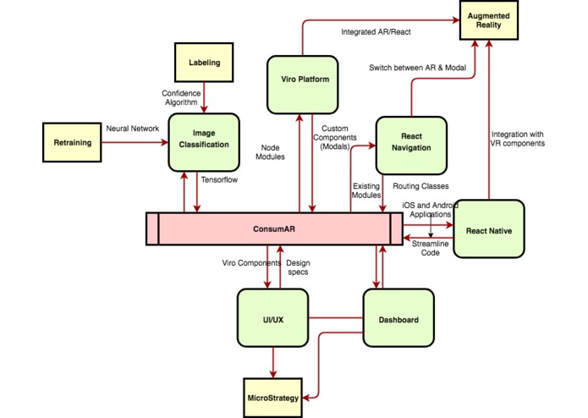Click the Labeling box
[204, 63]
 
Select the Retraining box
[72, 142]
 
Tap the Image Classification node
[204, 142]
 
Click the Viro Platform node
[303, 85]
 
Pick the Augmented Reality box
[489, 20]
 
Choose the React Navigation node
[411, 146]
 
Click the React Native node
[489, 228]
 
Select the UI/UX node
[273, 318]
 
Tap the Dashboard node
[398, 318]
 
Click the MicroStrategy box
[273, 398]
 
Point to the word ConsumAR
[274, 228]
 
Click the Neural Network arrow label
[132, 129]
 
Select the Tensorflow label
[219, 180]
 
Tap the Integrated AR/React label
[376, 32]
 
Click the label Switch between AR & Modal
[417, 68]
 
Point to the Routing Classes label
[420, 186]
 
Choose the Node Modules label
[270, 152]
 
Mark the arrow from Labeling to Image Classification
[204, 97]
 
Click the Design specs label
[298, 267]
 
